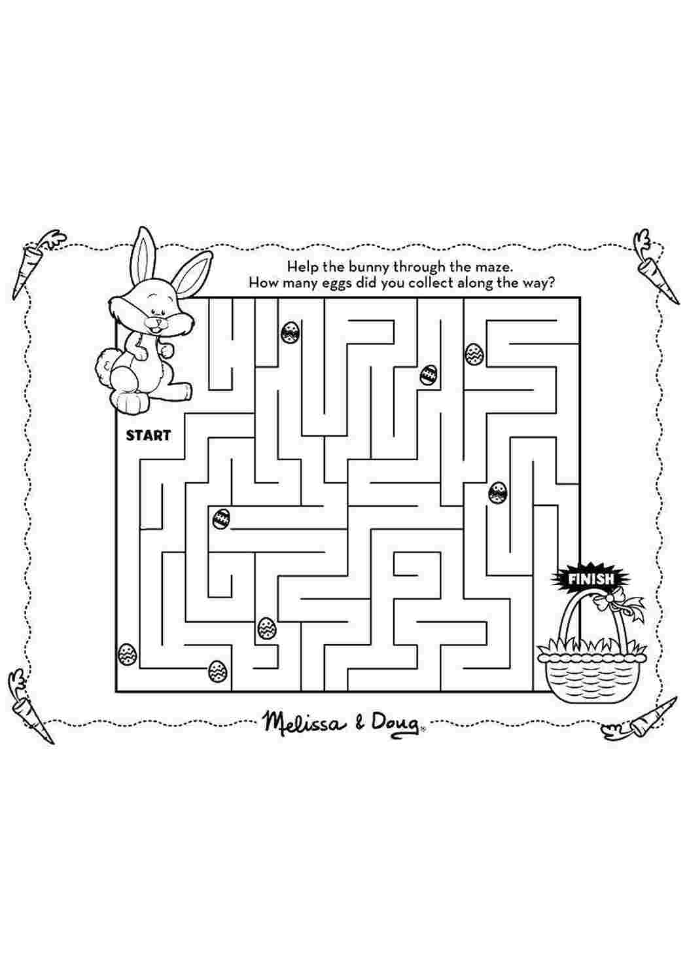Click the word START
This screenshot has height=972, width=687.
point(149,435)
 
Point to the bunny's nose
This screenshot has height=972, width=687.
point(159,323)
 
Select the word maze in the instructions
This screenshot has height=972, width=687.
point(493,266)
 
